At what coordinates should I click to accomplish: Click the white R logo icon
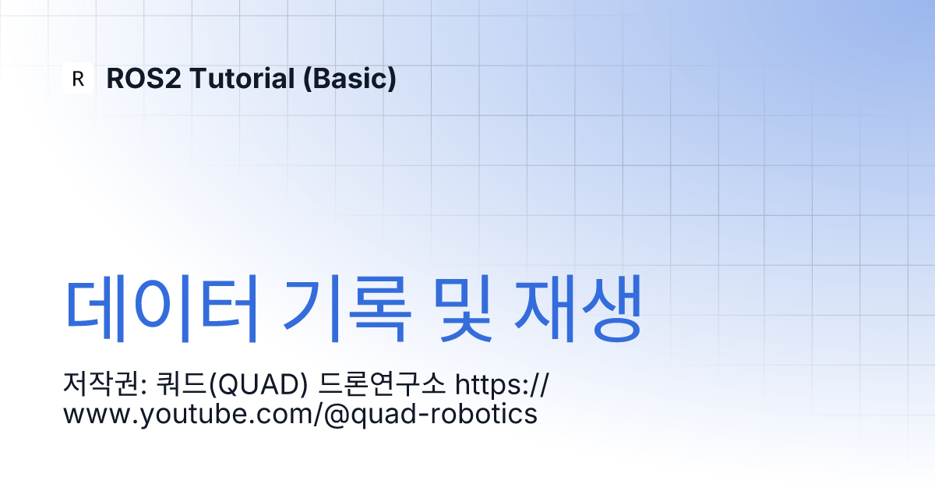point(78,78)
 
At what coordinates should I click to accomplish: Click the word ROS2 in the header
point(144,79)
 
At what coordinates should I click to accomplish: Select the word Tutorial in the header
point(242,79)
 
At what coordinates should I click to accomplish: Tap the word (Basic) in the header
point(350,79)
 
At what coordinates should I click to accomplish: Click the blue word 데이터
point(161,309)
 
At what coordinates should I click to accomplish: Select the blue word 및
point(462,309)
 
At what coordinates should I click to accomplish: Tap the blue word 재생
point(577,309)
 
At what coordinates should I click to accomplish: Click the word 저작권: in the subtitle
point(104,384)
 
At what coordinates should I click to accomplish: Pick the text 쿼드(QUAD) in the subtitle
point(231,384)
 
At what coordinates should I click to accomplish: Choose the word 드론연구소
point(382,384)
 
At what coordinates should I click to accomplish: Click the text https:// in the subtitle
point(502,384)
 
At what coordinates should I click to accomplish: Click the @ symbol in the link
point(337,415)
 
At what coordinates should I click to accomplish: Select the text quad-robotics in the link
point(444,415)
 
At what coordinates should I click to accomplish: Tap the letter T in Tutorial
point(200,79)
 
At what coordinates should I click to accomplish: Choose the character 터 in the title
point(228,309)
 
